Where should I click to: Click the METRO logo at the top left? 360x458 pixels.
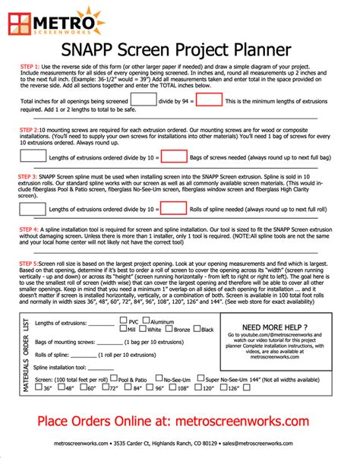pos(58,22)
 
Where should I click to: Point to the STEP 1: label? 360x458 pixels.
pos(30,67)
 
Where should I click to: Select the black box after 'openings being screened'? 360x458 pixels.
pos(142,99)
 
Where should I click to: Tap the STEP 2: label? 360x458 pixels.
pos(30,130)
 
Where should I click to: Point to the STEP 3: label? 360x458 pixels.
pos(31,175)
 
